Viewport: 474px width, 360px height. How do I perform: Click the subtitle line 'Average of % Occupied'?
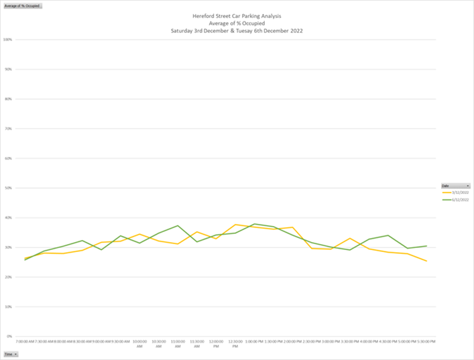237,23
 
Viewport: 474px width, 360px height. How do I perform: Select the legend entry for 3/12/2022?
459,192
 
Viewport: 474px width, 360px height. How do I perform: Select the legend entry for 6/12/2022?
459,200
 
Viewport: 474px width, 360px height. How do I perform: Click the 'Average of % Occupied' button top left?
22,5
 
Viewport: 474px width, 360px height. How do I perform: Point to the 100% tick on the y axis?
8,40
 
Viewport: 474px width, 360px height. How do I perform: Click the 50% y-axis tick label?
9,188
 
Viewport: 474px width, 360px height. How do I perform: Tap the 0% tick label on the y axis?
9,337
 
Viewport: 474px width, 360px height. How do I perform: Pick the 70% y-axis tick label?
9,129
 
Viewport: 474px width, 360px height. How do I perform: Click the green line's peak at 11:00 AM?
178,226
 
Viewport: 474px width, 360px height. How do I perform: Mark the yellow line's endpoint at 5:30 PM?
426,261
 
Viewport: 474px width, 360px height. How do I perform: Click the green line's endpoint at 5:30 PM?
426,246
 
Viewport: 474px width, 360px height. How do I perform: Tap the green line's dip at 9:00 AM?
102,249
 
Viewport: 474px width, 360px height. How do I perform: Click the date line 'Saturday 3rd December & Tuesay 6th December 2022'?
237,31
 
